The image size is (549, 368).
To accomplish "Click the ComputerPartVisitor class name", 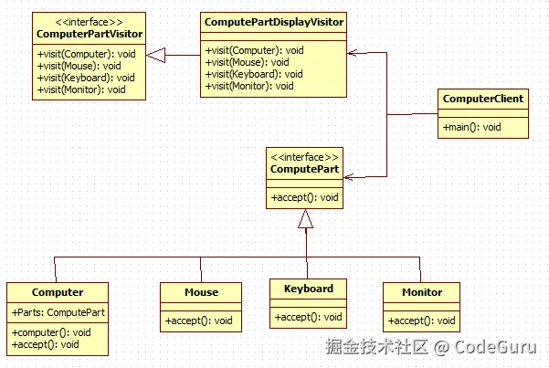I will [x=90, y=35].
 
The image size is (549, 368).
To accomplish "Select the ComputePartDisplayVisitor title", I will [x=272, y=20].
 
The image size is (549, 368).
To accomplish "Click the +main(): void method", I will [x=471, y=127].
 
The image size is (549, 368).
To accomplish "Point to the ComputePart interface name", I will [x=305, y=170].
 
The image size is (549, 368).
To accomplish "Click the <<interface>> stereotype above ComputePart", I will [x=305, y=156].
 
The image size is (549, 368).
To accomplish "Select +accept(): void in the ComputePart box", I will [x=305, y=196].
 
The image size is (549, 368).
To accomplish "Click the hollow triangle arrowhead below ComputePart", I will [x=305, y=218].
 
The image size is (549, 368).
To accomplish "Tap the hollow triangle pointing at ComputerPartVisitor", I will [x=156, y=56].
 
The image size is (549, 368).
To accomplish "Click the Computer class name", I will [x=58, y=292].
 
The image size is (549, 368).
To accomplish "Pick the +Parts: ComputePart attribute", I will [x=58, y=312].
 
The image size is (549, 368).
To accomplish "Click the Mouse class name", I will [x=201, y=292].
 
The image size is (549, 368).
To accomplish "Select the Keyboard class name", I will [x=309, y=289].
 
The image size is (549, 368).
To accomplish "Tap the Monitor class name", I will [x=421, y=292].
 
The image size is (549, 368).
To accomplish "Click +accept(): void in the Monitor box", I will [x=421, y=321].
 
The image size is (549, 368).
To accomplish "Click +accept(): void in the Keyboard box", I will [x=309, y=317].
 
